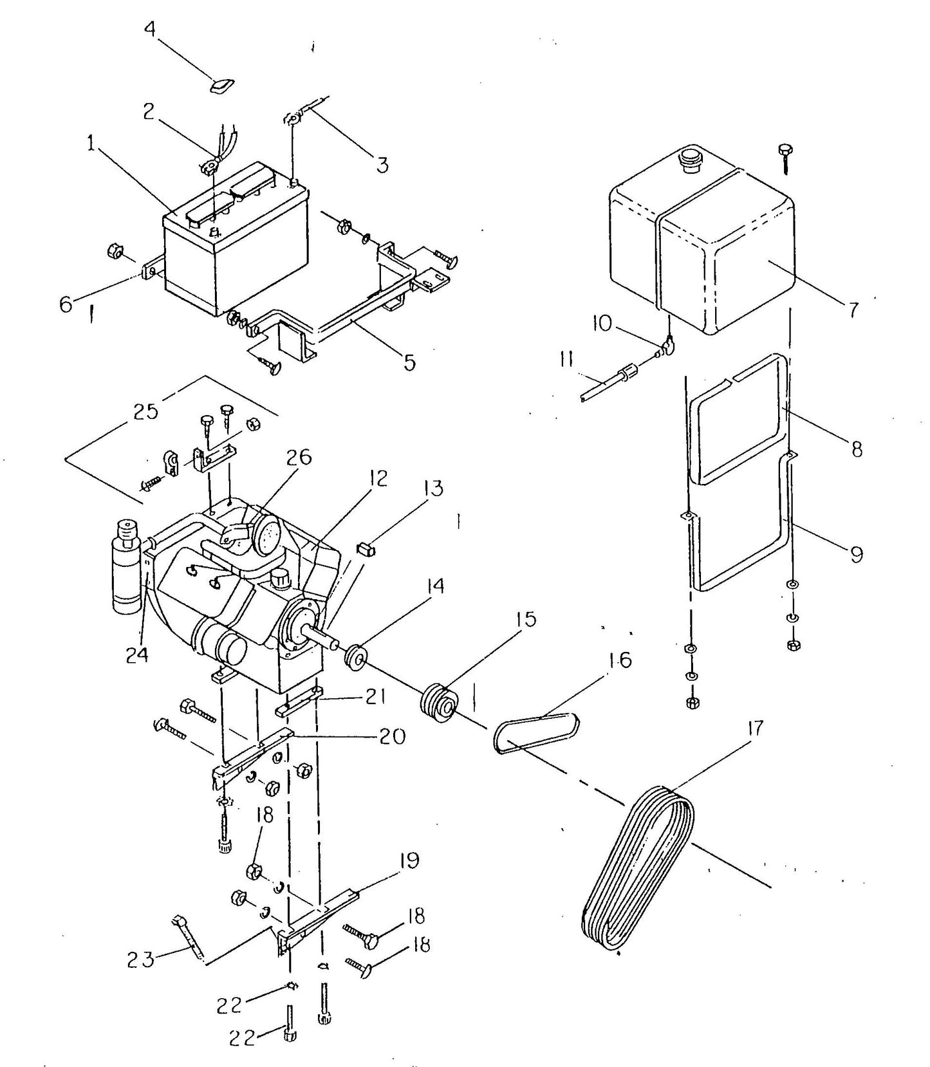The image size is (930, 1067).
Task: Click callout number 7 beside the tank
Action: [851, 310]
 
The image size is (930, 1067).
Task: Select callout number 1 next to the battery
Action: [92, 145]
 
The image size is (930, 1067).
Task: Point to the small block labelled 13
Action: [366, 549]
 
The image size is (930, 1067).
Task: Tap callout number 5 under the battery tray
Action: [409, 363]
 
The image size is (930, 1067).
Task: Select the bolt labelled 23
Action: [189, 942]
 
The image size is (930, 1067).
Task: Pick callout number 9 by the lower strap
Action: [856, 553]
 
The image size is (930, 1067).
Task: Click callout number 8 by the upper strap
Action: [857, 448]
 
